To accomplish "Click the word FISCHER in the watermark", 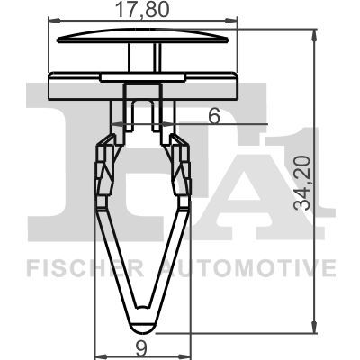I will (75, 268).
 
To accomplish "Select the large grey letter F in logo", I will (63, 162).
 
